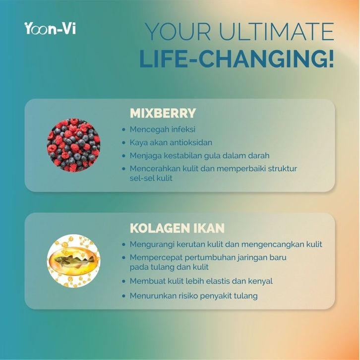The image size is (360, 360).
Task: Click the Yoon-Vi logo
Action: click(50, 28)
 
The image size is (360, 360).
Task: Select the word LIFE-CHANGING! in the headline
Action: click(237, 59)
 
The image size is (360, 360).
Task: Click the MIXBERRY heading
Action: click(163, 113)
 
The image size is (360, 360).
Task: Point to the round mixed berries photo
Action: click(74, 145)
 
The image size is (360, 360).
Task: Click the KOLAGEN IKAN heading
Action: click(177, 228)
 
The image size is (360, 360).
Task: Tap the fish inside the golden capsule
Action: click(74, 261)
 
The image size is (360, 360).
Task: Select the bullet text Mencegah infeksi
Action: click(163, 129)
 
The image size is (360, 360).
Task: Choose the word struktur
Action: click(283, 169)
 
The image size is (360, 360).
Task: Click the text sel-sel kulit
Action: click(151, 178)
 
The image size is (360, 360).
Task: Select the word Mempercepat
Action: click(156, 257)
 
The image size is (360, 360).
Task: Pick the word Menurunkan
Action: click(152, 296)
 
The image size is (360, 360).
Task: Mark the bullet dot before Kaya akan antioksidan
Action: click(124, 143)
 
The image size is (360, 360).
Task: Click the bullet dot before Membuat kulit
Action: click(124, 281)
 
